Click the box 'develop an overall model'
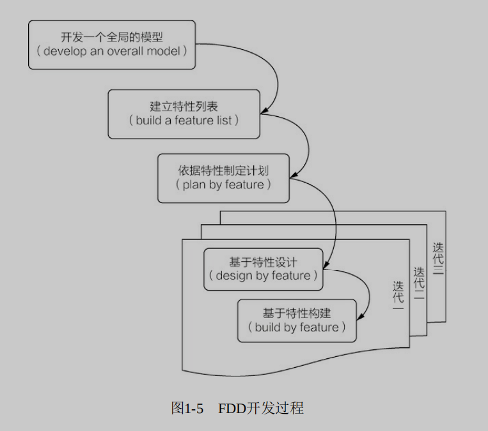click(x=111, y=44)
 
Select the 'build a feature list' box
click(x=184, y=114)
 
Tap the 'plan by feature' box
click(x=223, y=178)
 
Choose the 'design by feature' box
click(x=263, y=269)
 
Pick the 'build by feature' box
click(x=297, y=321)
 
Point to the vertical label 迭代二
click(x=419, y=282)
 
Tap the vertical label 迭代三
click(x=438, y=259)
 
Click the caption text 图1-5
click(x=187, y=408)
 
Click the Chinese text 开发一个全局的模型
click(x=112, y=36)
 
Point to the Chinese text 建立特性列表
click(x=184, y=106)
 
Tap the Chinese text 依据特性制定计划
click(x=223, y=170)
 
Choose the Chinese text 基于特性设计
click(x=263, y=262)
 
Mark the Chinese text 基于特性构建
click(x=297, y=313)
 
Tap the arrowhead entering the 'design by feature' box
click(x=327, y=264)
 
